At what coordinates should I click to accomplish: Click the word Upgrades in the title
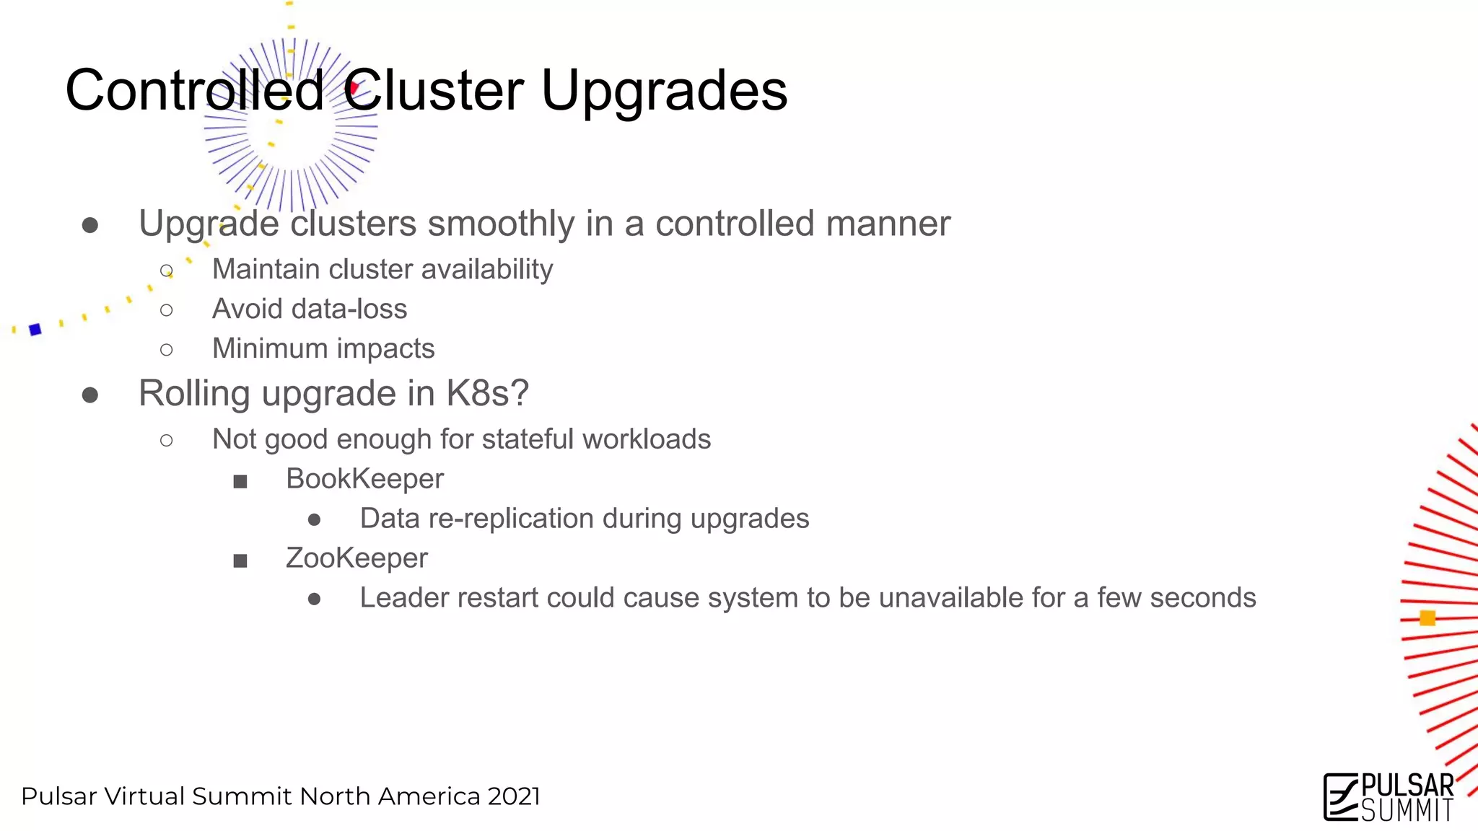point(664,92)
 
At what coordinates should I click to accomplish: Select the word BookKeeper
point(364,479)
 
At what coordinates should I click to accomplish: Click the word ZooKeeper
point(357,558)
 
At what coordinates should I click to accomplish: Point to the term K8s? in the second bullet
point(487,394)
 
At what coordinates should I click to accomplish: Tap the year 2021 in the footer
point(514,796)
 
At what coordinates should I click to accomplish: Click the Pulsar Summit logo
point(1389,797)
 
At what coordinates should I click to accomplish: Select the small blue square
point(35,330)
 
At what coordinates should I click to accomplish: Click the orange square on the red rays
point(1427,618)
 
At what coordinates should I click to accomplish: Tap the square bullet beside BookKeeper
point(240,481)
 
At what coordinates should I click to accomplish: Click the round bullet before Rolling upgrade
point(90,395)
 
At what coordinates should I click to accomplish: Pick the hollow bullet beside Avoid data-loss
point(167,310)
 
